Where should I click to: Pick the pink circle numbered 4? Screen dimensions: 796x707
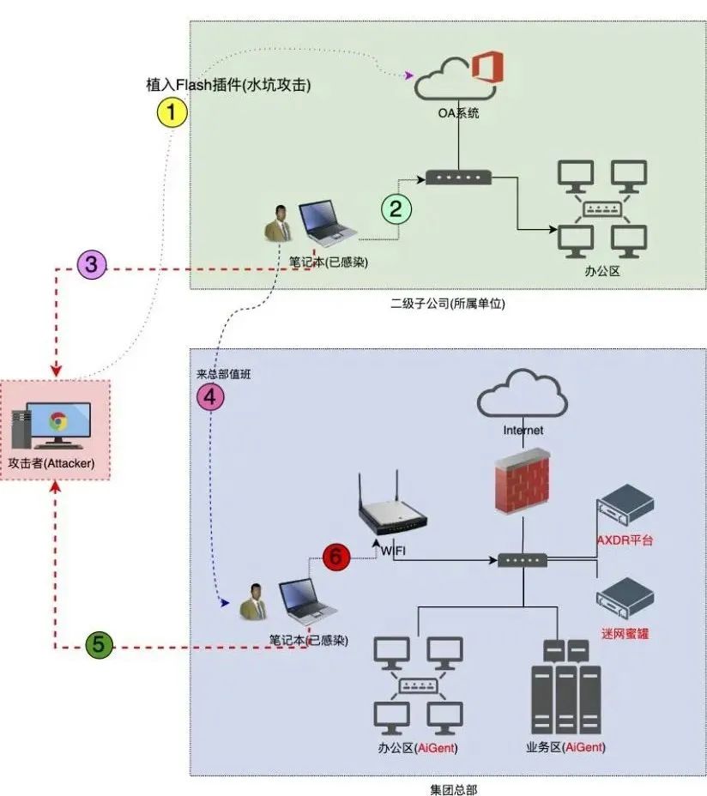pos(211,396)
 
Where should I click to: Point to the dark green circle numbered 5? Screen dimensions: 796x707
pos(100,646)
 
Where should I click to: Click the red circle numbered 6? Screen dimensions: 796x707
pos(336,556)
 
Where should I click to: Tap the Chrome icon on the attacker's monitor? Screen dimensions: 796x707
pos(58,421)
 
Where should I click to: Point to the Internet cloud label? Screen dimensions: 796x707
pos(523,431)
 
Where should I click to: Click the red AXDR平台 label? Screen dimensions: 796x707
pos(625,540)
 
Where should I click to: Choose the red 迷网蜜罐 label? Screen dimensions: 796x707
pos(625,634)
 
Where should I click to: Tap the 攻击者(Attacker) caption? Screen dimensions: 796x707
pos(51,463)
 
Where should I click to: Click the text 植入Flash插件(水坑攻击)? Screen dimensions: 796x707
pos(228,86)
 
